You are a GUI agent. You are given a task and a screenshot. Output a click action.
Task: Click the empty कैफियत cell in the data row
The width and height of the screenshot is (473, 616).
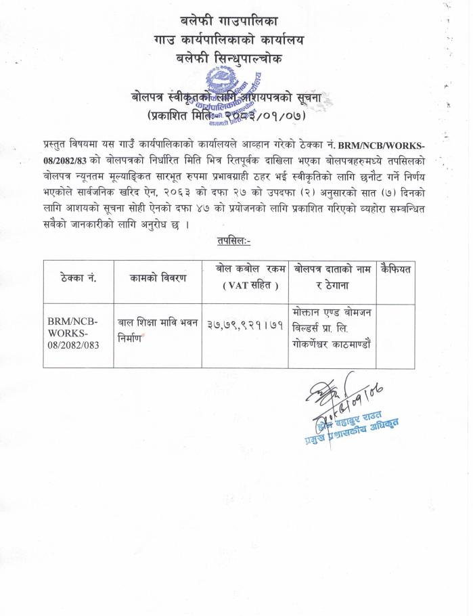[397, 336]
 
